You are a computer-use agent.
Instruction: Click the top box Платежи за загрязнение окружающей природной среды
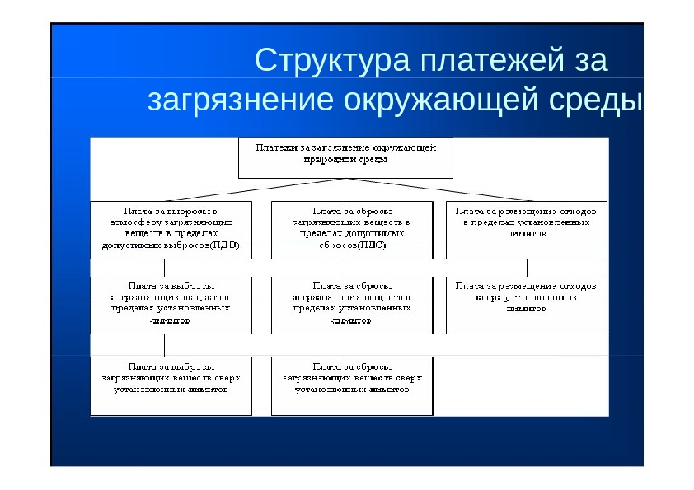345,157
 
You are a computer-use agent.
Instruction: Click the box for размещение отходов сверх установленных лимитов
526,305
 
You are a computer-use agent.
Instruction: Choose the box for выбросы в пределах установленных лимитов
171,305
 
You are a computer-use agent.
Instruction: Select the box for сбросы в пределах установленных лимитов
351,305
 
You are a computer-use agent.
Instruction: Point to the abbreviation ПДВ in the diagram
224,245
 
